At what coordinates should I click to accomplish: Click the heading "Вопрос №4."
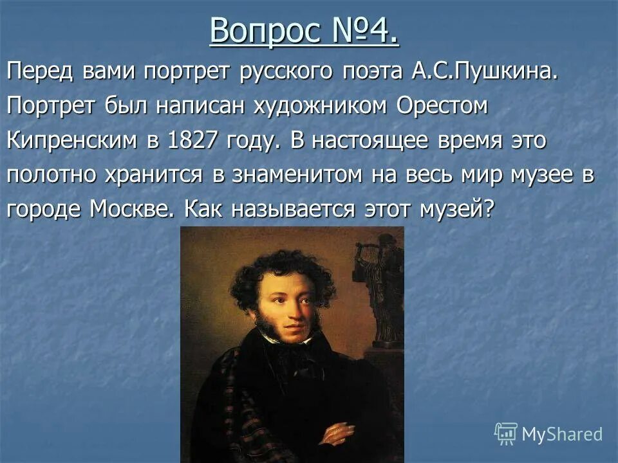click(x=304, y=31)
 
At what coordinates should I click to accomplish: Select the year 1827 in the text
click(x=192, y=141)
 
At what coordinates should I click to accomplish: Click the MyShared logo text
click(x=562, y=434)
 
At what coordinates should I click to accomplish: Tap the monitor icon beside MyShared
click(x=505, y=433)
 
